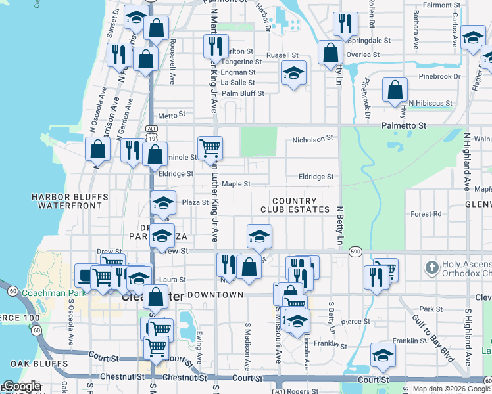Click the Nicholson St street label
[x=313, y=139]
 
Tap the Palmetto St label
[x=405, y=125]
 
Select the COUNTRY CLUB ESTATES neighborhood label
[x=295, y=206]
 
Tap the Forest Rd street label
[x=426, y=214]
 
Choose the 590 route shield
[x=356, y=252]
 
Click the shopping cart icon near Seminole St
[x=210, y=148]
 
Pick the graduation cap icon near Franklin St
[x=383, y=355]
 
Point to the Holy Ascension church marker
[x=431, y=267]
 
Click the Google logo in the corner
[x=21, y=387]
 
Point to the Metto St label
[x=168, y=115]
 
